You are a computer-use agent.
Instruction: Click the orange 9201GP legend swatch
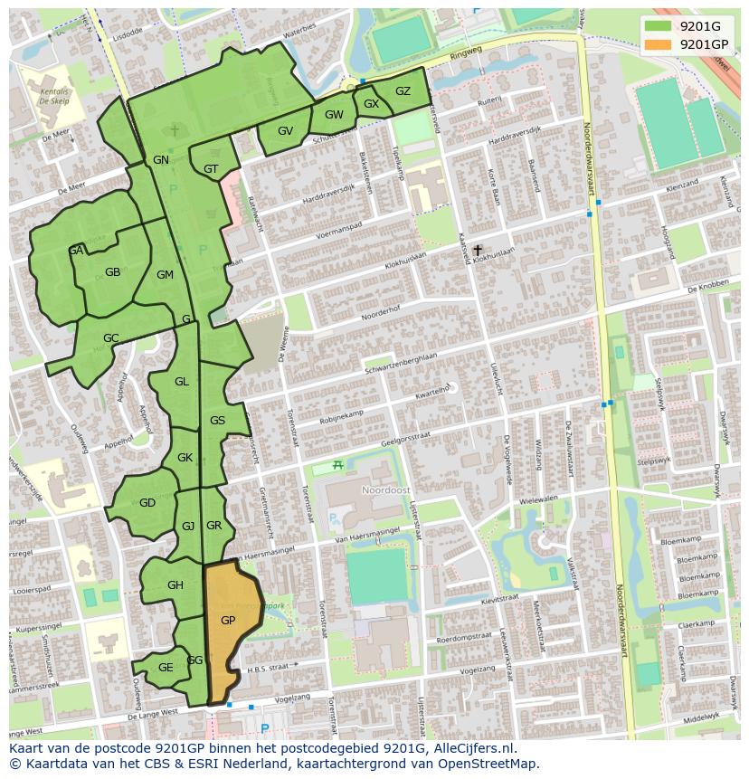659,44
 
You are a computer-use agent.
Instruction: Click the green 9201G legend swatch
659,26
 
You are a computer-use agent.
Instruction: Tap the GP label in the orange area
228,621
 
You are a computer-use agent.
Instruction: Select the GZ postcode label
403,91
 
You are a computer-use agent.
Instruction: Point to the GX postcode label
371,104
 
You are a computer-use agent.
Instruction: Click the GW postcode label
334,115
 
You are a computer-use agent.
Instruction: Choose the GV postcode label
285,131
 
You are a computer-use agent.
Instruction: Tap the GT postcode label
211,169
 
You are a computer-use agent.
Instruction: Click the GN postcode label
161,160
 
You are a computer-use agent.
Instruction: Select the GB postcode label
112,272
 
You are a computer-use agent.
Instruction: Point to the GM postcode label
165,275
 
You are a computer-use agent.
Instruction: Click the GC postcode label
110,338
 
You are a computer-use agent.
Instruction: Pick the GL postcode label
182,382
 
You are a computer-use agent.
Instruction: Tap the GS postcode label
217,421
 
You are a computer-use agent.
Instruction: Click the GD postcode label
147,503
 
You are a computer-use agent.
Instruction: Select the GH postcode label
175,585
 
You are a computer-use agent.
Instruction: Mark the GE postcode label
166,668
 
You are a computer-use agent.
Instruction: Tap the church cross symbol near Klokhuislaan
478,250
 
